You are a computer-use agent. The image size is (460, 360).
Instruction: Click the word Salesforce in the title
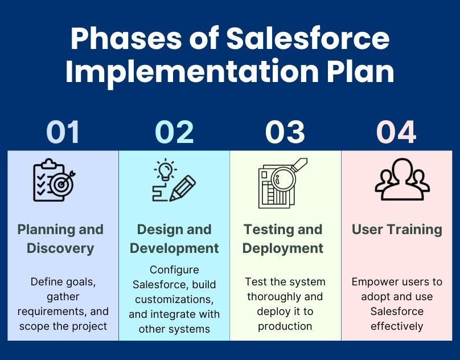pos(308,38)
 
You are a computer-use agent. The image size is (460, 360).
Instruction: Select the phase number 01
pos(63,132)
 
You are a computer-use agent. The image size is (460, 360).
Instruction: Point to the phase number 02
pos(174,132)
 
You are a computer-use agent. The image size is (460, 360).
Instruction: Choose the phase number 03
pos(285,132)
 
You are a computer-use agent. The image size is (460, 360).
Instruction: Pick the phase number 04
pos(396,132)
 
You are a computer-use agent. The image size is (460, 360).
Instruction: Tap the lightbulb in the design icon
pos(165,169)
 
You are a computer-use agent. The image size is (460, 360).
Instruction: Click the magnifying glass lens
pos(283,179)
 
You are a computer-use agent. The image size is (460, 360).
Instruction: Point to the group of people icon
pos(402,179)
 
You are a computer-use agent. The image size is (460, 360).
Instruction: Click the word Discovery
pos(60,248)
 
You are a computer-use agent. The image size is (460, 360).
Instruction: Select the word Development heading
pos(174,248)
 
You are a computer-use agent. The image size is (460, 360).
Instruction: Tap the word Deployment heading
pos(283,248)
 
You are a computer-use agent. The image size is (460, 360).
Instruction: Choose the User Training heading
pos(397,230)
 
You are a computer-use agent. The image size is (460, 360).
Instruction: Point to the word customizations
pos(174,300)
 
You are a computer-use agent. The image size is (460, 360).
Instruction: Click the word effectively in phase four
pos(397,326)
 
